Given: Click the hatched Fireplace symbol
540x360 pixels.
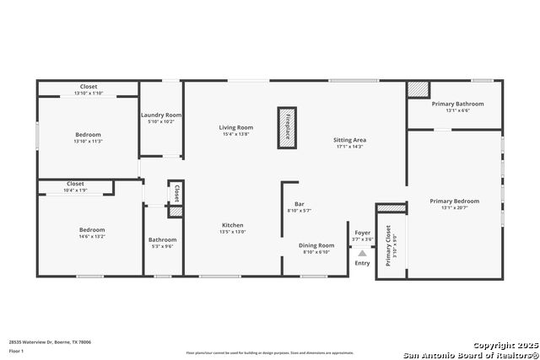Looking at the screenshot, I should pyautogui.click(x=288, y=127).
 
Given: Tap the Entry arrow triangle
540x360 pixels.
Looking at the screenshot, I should pyautogui.click(x=362, y=253).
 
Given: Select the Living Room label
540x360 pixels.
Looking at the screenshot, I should pyautogui.click(x=236, y=127).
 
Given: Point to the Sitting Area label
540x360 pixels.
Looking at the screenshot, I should pyautogui.click(x=349, y=140).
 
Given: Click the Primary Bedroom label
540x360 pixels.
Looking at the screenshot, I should pyautogui.click(x=454, y=201).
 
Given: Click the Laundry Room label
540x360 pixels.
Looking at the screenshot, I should pyautogui.click(x=161, y=115).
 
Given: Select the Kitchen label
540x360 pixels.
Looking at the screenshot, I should pyautogui.click(x=233, y=225).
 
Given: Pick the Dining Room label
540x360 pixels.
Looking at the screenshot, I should pyautogui.click(x=317, y=245).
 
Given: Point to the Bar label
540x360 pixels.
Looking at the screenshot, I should pyautogui.click(x=300, y=204).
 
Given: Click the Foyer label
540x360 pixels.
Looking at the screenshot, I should pyautogui.click(x=362, y=233).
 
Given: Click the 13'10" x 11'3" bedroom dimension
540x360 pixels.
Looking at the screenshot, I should pyautogui.click(x=89, y=142).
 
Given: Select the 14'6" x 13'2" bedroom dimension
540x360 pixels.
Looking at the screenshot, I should pyautogui.click(x=92, y=237).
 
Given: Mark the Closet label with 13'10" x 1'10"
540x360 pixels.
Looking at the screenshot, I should pyautogui.click(x=89, y=87).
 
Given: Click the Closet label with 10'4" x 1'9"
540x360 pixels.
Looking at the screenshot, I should pyautogui.click(x=75, y=183).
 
